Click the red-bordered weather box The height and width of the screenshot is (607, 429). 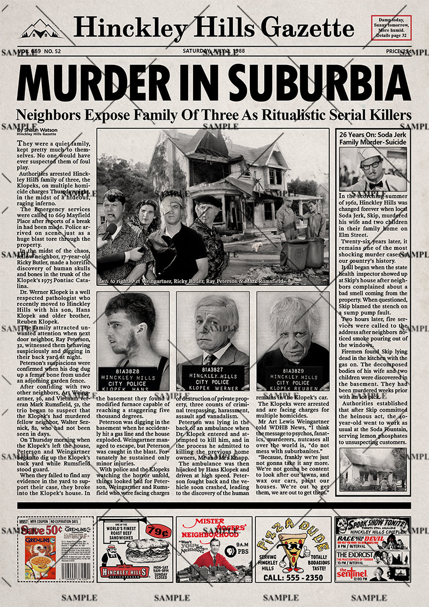point(391,28)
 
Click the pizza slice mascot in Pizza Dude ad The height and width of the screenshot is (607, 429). point(293,550)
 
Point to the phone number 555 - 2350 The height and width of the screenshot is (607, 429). point(293,577)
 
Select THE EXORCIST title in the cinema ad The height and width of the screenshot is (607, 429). point(355,554)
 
